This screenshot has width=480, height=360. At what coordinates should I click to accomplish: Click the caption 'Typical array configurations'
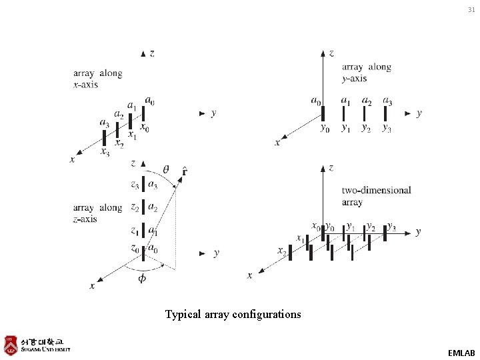pyautogui.click(x=233, y=314)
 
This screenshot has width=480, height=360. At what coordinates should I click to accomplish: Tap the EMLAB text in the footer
pyautogui.click(x=461, y=352)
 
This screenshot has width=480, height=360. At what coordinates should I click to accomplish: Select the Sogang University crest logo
pyautogui.click(x=11, y=345)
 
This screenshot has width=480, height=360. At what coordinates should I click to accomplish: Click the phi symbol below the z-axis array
pyautogui.click(x=142, y=278)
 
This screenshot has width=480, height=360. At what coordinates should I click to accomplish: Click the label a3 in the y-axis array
pyautogui.click(x=387, y=101)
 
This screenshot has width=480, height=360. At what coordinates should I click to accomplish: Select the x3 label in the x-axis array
pyautogui.click(x=105, y=153)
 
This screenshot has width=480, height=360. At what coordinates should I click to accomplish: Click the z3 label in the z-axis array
pyautogui.click(x=135, y=185)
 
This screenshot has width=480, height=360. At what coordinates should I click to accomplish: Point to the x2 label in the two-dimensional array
pyautogui.click(x=283, y=251)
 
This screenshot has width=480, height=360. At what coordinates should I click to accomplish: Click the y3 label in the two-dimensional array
pyautogui.click(x=391, y=227)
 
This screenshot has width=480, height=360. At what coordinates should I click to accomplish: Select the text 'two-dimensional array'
pyautogui.click(x=376, y=196)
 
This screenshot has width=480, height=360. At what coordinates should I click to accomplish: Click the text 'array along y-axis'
pyautogui.click(x=366, y=73)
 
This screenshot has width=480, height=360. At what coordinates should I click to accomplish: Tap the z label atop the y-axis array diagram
pyautogui.click(x=331, y=52)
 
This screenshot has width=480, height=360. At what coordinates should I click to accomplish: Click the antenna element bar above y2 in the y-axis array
pyautogui.click(x=365, y=114)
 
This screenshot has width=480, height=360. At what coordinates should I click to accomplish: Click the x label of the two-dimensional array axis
pyautogui.click(x=249, y=275)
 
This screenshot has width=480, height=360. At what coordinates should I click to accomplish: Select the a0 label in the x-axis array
pyautogui.click(x=151, y=101)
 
